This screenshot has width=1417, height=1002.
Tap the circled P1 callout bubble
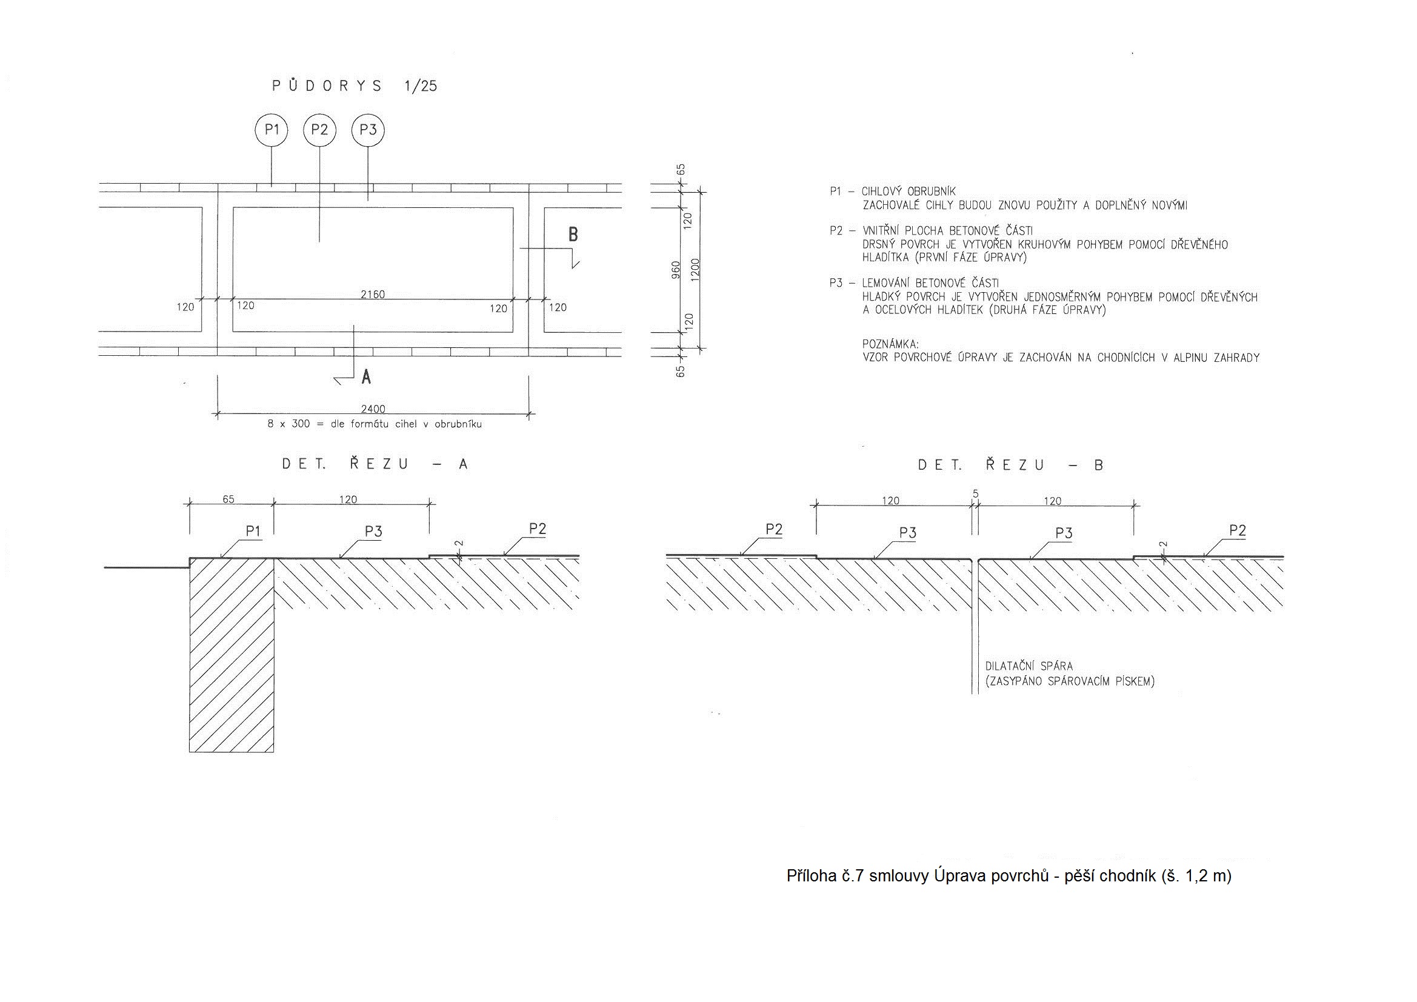(272, 130)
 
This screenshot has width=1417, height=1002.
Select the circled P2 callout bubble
(319, 130)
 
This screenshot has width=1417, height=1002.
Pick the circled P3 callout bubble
(368, 130)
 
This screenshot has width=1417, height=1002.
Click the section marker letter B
(573, 235)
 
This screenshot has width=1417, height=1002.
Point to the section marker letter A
(366, 376)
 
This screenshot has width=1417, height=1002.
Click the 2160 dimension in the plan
(372, 295)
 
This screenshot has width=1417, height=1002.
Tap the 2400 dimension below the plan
(373, 409)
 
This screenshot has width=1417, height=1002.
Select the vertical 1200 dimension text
(696, 270)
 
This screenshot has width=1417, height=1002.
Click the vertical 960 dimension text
(676, 270)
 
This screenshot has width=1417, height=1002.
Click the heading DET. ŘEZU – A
(375, 464)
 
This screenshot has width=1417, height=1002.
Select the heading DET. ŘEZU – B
(1011, 464)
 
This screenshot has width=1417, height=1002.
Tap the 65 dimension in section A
(228, 499)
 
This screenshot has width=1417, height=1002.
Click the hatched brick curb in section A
(232, 655)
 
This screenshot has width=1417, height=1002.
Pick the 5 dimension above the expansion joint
(976, 494)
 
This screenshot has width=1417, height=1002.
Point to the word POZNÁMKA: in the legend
(890, 344)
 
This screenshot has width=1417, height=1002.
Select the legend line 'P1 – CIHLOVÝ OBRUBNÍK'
(892, 192)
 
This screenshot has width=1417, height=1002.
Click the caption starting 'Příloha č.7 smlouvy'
(1009, 876)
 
